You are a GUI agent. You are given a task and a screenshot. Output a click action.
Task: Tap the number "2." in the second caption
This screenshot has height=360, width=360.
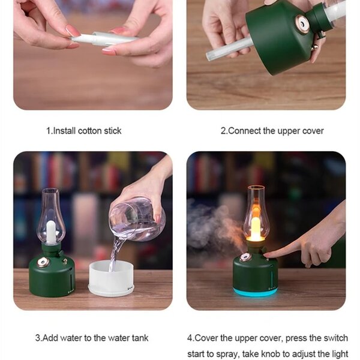click(x=224, y=131)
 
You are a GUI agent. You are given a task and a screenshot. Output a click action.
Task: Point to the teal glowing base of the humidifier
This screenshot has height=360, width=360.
click(x=255, y=292)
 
